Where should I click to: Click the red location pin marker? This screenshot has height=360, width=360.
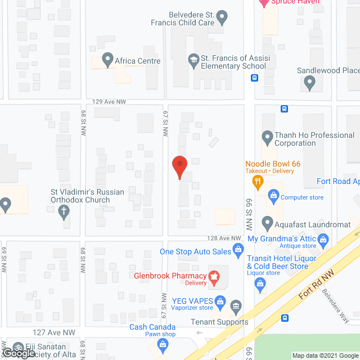tap(179, 166)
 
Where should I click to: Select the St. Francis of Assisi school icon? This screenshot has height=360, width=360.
tap(194, 61)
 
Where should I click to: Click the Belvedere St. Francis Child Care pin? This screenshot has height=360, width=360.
tap(222, 19)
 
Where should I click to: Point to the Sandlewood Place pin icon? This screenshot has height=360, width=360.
tap(309, 83)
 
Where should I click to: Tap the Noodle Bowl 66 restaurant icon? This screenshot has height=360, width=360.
tap(258, 181)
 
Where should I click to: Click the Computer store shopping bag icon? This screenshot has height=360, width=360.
tap(273, 195)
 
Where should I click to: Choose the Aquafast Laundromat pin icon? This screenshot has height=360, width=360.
tap(268, 222)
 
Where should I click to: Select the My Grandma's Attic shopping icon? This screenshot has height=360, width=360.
tap(323, 241)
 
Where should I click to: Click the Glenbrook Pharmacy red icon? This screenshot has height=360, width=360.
tap(214, 276)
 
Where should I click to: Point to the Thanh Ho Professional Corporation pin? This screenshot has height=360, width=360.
tap(268, 137)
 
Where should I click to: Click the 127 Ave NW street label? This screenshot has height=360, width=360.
tap(54, 332)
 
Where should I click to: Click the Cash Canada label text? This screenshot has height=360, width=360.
tap(152, 327)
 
